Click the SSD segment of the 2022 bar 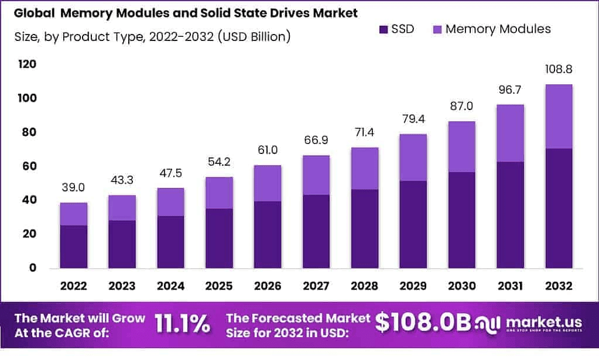(73, 246)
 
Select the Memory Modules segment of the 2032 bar (559, 116)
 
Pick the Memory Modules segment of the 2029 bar (413, 157)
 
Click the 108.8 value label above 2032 (559, 70)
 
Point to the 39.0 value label (73, 188)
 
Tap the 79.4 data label (413, 119)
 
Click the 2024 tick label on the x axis (170, 286)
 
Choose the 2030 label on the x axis (462, 286)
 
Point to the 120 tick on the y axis (27, 64)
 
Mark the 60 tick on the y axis (29, 166)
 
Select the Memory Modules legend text (498, 29)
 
